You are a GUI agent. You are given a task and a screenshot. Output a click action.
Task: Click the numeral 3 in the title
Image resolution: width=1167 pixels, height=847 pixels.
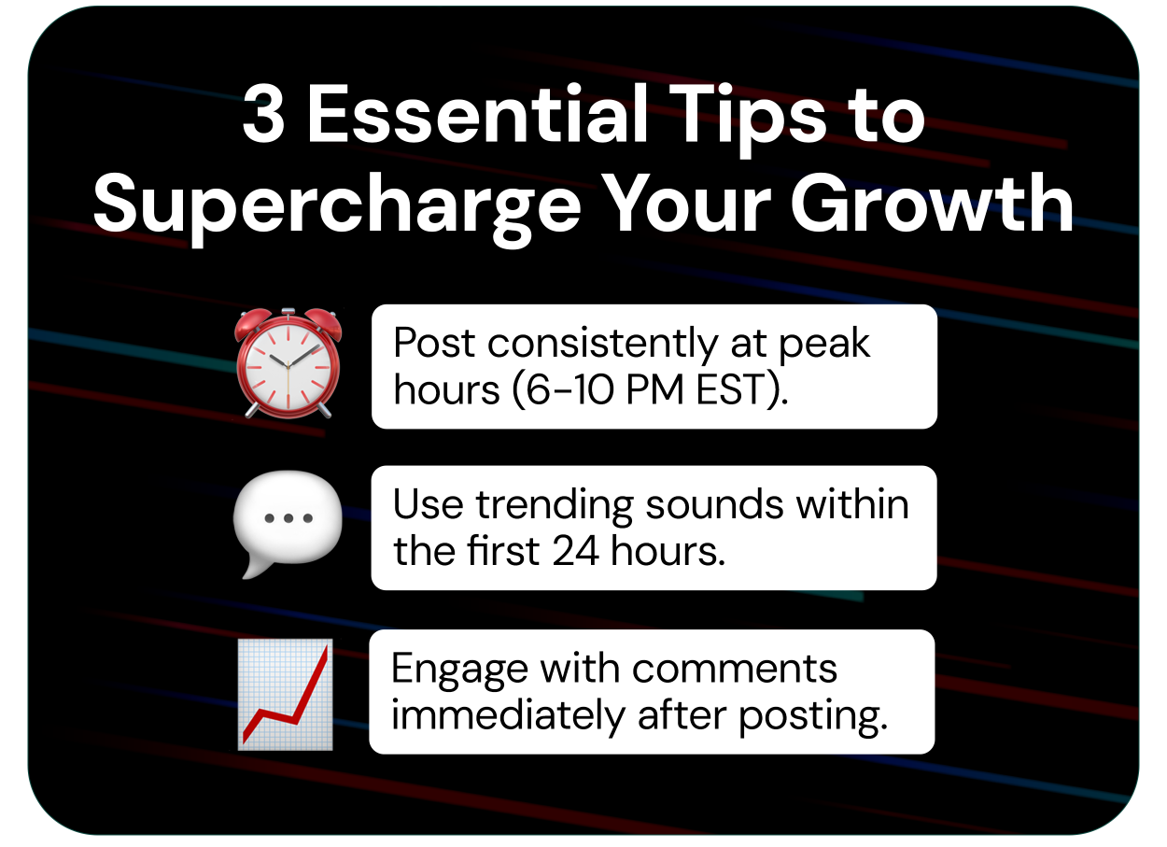point(263,115)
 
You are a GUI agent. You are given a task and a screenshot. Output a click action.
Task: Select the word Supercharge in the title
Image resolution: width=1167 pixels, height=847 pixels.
point(337,205)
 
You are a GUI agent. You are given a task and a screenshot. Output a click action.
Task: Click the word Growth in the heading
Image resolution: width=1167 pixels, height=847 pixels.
point(932,203)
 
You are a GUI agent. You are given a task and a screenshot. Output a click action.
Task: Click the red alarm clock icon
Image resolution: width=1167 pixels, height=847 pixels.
point(288,363)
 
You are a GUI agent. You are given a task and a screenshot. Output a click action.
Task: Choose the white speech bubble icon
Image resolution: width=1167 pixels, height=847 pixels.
point(288,524)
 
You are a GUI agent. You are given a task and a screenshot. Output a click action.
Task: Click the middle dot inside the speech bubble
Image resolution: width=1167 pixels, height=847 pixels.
point(288,518)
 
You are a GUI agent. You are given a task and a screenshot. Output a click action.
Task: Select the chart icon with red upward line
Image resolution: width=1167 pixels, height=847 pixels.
point(286,694)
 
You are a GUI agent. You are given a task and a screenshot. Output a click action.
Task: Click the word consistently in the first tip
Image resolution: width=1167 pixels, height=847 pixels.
point(602,345)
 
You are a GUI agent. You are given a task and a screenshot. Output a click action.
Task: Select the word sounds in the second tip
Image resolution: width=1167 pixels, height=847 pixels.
point(715,505)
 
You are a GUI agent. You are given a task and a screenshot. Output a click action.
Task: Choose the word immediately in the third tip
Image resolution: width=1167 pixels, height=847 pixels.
point(508,716)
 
